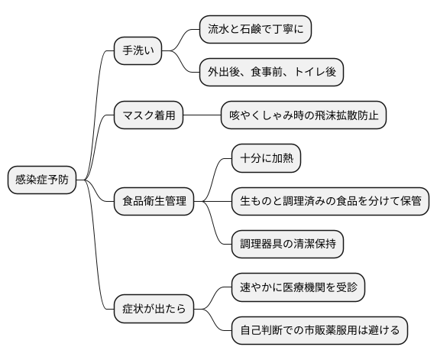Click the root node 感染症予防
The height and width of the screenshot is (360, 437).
(42, 180)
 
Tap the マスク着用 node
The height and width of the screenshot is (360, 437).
(148, 116)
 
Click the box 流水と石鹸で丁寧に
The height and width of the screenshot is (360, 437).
(255, 30)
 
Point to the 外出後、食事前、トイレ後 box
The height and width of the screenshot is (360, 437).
(271, 73)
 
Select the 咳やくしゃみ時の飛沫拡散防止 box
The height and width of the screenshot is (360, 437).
(303, 116)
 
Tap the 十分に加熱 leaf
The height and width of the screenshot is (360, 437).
(266, 159)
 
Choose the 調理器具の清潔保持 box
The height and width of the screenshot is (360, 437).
(286, 245)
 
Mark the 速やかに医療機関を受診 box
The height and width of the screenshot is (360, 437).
(297, 288)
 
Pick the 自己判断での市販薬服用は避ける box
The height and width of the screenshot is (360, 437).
(319, 331)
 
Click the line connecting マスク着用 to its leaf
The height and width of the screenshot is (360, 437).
(202, 116)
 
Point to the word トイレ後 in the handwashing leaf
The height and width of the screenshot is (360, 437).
(316, 73)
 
